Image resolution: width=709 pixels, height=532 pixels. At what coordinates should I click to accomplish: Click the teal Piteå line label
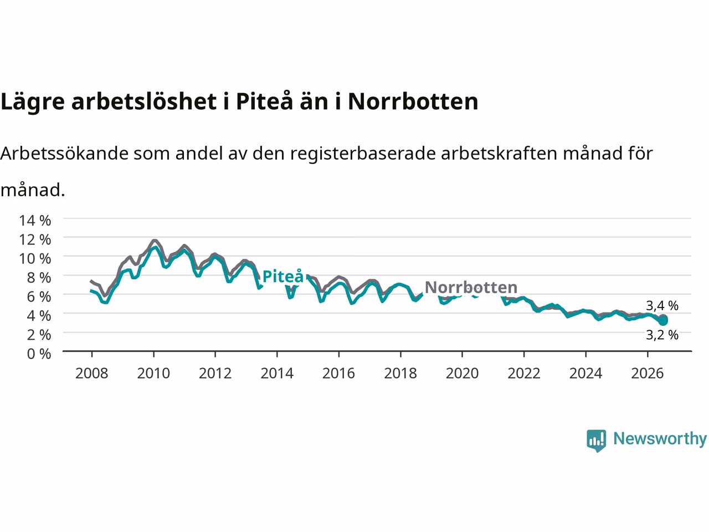point(283,276)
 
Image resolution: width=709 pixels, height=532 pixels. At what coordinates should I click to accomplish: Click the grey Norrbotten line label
point(471,287)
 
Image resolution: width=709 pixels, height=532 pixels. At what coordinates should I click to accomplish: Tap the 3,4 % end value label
point(662,305)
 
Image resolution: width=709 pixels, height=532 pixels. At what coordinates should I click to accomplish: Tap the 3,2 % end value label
point(662,335)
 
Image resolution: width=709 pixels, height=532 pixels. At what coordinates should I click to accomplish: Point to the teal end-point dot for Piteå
point(663,321)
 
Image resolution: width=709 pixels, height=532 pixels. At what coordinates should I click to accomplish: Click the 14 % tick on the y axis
point(35,221)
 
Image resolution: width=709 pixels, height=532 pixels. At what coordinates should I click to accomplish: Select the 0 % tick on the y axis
point(39,354)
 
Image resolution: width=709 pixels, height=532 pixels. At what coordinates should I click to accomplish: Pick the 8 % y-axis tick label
point(39,278)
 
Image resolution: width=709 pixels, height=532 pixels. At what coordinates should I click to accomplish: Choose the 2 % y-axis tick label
point(39,335)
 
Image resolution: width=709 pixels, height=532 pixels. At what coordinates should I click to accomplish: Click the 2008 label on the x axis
point(92,374)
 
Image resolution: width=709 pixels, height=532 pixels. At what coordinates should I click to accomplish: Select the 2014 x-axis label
point(277,374)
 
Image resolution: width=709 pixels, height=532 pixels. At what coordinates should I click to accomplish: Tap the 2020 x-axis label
point(462,374)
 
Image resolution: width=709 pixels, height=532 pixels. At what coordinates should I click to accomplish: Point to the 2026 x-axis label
point(648,374)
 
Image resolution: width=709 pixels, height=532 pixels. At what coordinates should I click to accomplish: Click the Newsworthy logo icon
point(596,441)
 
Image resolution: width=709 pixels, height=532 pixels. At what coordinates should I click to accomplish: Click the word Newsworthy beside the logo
point(660,439)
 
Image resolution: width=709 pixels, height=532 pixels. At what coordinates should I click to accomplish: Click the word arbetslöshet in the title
point(144,101)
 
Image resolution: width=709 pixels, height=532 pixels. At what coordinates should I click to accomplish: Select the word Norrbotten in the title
point(413,101)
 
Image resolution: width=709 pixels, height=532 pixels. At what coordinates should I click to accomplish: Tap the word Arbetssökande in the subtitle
point(64,154)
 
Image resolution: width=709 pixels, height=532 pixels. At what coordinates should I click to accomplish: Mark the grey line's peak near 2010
point(155,241)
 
